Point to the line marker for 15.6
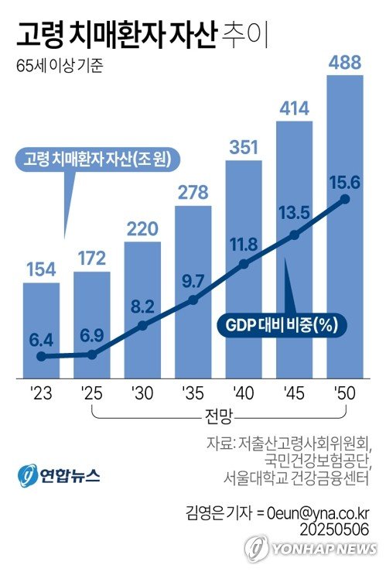344,200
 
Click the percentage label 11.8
243,245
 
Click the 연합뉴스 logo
60,474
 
